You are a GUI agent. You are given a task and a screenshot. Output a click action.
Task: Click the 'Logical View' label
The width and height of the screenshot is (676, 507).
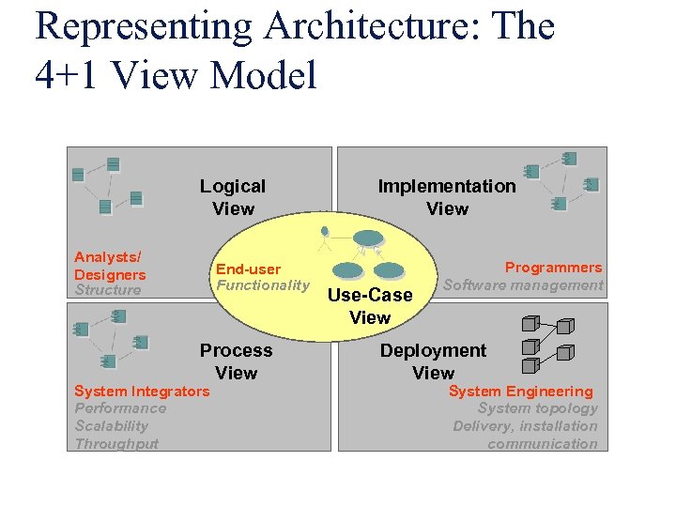[233, 197]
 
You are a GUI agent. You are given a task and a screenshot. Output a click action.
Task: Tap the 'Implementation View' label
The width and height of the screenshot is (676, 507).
[447, 197]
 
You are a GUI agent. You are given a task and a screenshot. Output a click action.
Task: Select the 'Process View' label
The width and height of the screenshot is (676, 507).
[236, 361]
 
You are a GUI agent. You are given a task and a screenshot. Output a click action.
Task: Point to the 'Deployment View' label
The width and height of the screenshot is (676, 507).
[433, 361]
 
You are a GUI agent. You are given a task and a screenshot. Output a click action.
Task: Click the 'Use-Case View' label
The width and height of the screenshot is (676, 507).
[370, 306]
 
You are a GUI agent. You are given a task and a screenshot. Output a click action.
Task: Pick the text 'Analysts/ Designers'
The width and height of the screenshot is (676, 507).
[110, 266]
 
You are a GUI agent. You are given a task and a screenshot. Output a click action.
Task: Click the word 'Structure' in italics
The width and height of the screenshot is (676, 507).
[108, 290]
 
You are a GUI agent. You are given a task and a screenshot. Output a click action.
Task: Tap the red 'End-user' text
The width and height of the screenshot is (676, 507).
[248, 269]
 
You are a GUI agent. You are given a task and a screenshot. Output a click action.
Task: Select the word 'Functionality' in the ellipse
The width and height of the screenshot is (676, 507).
[263, 285]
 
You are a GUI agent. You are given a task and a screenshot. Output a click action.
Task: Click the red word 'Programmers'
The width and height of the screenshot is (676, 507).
[553, 268]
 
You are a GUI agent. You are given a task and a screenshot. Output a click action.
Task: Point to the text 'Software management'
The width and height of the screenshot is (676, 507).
[523, 284]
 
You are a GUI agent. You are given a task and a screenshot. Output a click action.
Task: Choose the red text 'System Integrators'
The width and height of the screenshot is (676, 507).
[142, 391]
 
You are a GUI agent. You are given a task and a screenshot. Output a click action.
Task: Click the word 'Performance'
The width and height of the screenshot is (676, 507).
[120, 408]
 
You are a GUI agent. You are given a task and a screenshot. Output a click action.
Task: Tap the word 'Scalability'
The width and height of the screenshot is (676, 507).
[112, 426]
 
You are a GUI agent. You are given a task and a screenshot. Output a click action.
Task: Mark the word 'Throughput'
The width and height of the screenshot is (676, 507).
[116, 443]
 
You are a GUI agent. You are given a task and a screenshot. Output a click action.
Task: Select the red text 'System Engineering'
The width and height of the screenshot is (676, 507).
[520, 391]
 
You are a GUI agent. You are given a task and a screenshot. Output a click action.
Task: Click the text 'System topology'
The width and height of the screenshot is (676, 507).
[537, 408]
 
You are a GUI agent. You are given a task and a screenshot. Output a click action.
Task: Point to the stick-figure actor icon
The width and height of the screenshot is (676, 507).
[325, 236]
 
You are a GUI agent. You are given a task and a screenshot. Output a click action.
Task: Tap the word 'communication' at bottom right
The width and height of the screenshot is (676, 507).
[542, 443]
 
